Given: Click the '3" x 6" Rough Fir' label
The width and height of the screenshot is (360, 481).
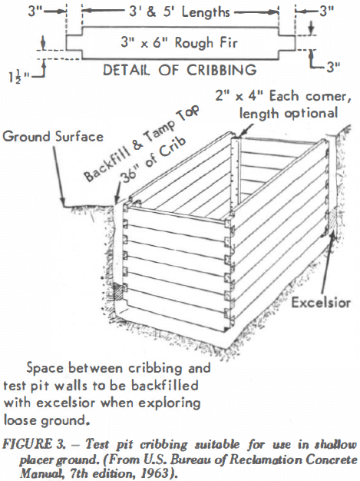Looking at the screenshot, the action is point(179,42).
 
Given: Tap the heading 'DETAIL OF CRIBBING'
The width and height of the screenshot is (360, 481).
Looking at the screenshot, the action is point(180,70).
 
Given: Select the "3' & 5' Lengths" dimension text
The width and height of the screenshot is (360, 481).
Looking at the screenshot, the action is point(180,12).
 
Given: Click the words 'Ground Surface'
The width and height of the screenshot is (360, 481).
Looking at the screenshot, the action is point(53,137).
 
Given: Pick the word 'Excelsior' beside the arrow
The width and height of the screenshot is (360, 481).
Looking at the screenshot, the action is point(321,303).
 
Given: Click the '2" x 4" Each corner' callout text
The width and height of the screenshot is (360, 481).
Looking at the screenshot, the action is point(282,96).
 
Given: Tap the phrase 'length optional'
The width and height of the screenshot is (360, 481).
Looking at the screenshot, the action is point(289,113).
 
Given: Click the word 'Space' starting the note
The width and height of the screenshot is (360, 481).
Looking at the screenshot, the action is point(44,368).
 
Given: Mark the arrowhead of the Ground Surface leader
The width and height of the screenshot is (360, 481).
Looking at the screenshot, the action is point(64,202).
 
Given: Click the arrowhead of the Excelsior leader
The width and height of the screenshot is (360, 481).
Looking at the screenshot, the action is point(332,235).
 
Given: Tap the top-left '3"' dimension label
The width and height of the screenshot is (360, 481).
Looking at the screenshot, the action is point(35,12).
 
